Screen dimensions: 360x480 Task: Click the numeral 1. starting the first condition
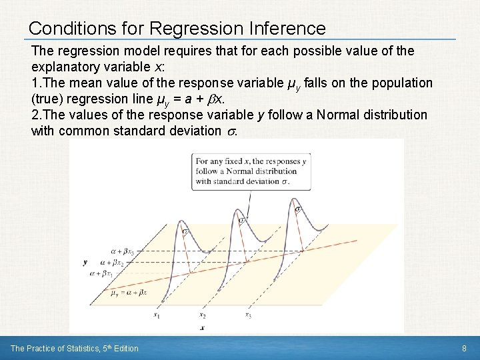37,83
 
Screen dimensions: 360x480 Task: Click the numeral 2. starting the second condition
37,114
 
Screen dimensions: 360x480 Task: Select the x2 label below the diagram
202,315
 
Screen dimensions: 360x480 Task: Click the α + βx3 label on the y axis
123,252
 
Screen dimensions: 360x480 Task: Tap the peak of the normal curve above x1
186,229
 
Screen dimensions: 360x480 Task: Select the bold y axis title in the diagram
85,263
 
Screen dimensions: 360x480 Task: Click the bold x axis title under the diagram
202,329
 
